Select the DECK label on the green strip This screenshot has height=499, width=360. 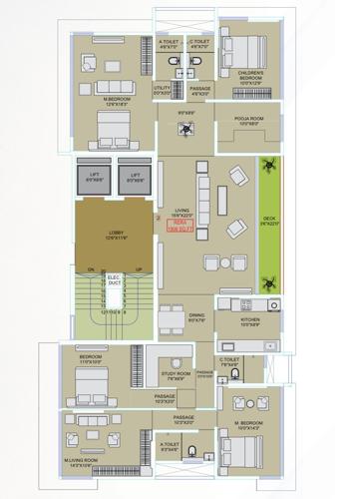268,223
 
